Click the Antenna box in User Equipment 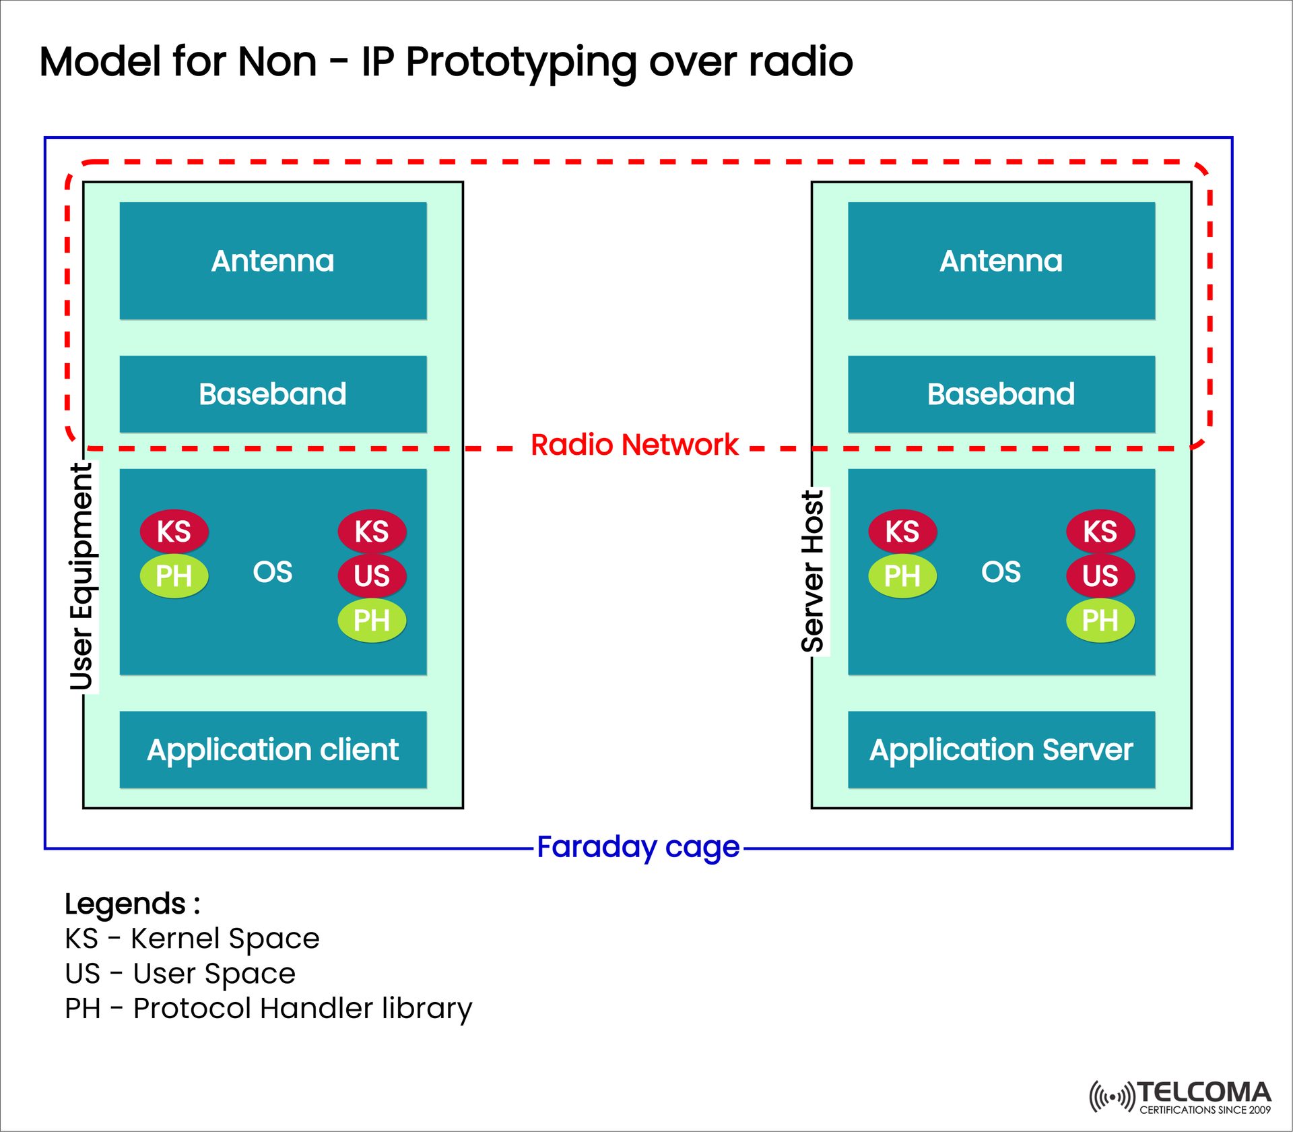pos(273,261)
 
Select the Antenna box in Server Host pos(1001,261)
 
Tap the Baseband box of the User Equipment pos(273,394)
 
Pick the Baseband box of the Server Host pos(1001,394)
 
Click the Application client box pos(273,749)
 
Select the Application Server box pos(1001,749)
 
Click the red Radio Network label pos(634,445)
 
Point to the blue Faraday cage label pos(638,847)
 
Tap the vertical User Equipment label pos(82,576)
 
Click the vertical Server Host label pos(813,571)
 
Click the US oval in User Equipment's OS pos(372,575)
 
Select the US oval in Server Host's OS pos(1100,575)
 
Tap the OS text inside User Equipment pos(273,572)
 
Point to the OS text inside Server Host pos(1001,572)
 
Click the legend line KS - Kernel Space pos(192,939)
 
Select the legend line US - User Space pos(180,974)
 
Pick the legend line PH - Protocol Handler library pos(268,1009)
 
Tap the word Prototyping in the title pos(521,62)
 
